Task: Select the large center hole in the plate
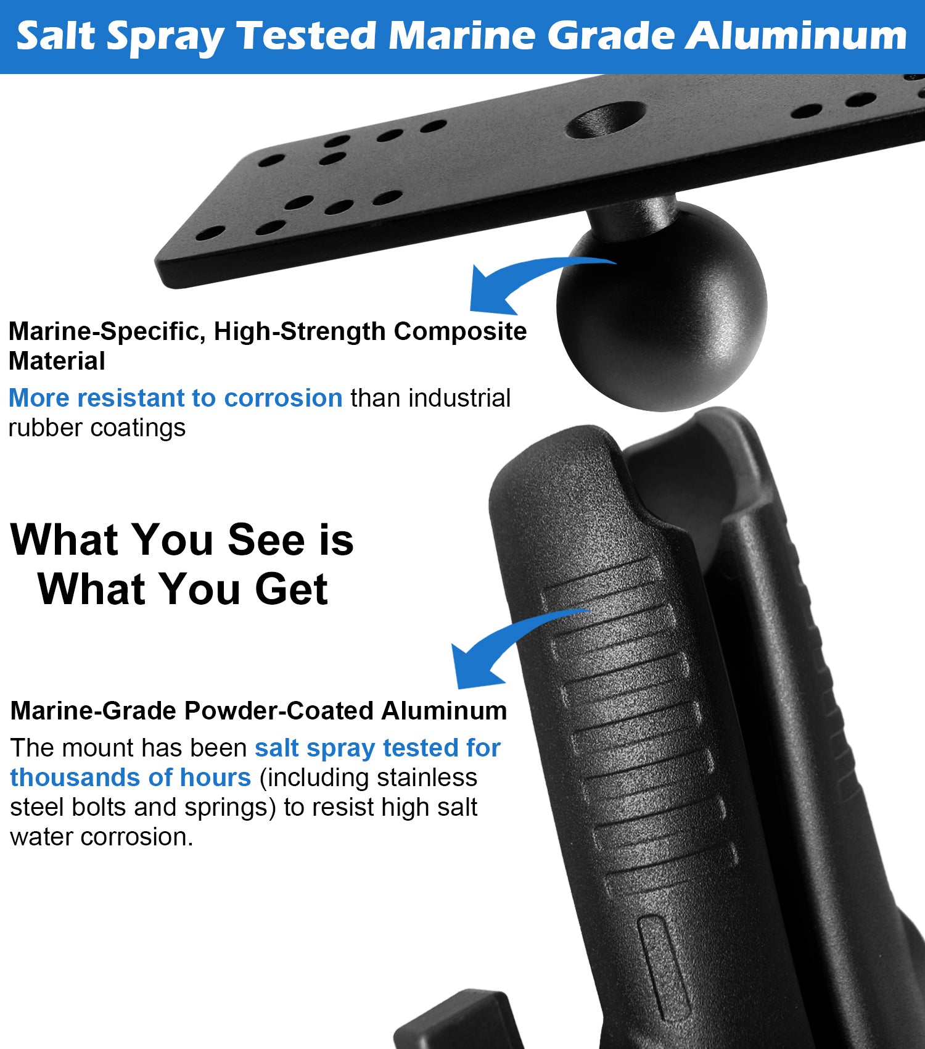(605, 120)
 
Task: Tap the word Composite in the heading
(460, 331)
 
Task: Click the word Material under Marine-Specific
(57, 361)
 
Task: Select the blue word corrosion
(283, 398)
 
